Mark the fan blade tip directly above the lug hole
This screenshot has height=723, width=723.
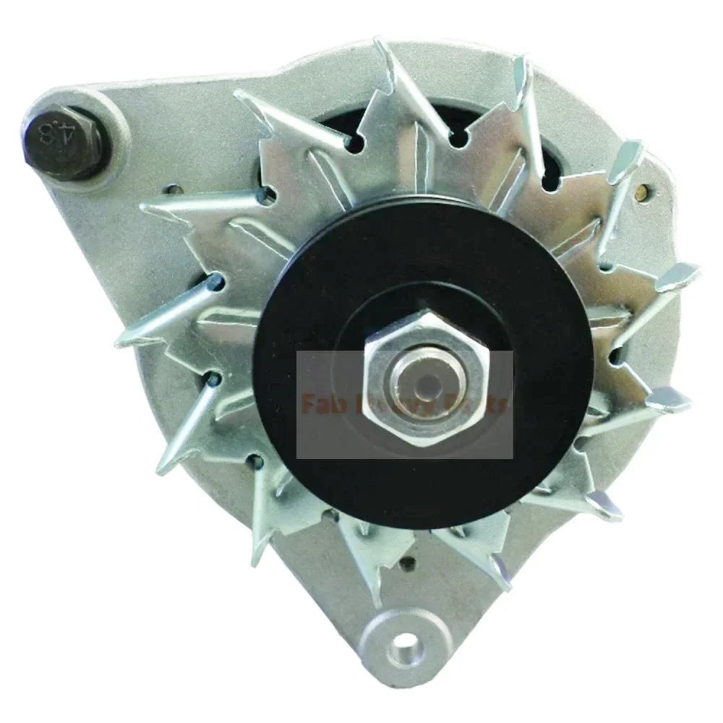point(376,593)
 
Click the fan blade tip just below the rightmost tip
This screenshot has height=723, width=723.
point(669,398)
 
